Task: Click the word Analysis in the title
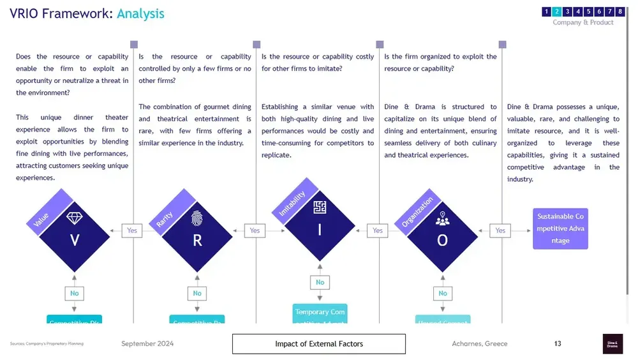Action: [140, 13]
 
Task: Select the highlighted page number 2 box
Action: [556, 11]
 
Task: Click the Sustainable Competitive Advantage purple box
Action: [560, 229]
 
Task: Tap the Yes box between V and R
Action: [132, 230]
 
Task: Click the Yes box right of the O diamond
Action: [500, 230]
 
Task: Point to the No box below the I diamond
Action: [320, 282]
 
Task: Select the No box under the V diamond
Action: [75, 294]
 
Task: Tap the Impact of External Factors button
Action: [318, 344]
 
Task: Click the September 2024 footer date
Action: [147, 344]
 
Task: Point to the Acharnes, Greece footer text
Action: [479, 344]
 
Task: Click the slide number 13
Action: [558, 344]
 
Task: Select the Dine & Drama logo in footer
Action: [612, 344]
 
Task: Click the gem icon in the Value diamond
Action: [75, 218]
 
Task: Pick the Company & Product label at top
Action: [582, 22]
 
